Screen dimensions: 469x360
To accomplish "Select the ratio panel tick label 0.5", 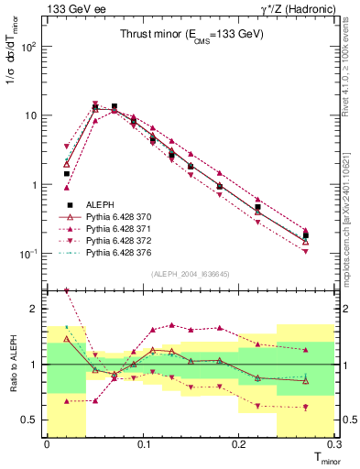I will tap(31, 420).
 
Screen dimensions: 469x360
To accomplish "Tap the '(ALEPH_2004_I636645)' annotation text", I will tap(191, 274).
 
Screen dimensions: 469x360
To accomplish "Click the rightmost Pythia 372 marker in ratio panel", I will tap(305, 407).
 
